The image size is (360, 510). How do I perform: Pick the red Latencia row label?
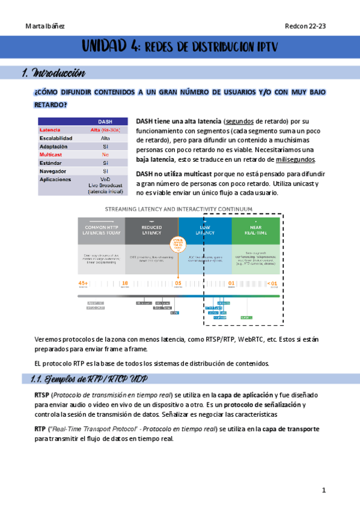tap(50, 130)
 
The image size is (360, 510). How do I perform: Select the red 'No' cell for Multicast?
tap(105, 155)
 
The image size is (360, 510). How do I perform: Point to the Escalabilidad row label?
tap(56, 138)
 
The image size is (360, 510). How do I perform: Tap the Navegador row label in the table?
tap(54, 171)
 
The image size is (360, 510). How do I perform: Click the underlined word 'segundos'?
tap(243, 121)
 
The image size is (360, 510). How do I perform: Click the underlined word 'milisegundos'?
tap(295, 159)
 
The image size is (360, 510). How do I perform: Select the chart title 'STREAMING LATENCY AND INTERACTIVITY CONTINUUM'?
tap(179, 209)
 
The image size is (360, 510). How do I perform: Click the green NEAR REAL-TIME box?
tap(255, 230)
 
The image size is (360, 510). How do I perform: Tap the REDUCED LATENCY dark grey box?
tap(151, 230)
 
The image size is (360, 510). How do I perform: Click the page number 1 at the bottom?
tap(323, 491)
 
